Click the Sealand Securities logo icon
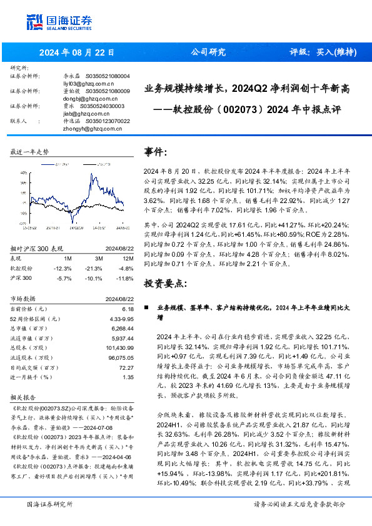[35, 21]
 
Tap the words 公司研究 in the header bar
[208, 52]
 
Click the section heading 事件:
[156, 152]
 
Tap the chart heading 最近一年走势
[31, 152]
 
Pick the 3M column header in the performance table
[99, 257]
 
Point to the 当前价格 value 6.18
[128, 309]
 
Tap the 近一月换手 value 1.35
[128, 377]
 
